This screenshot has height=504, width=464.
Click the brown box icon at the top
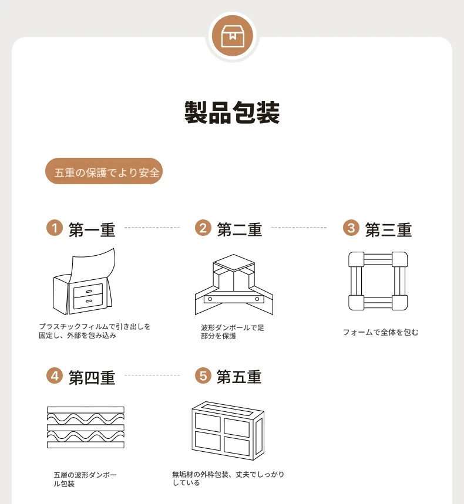coord(233,36)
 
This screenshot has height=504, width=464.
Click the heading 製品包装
coord(232,112)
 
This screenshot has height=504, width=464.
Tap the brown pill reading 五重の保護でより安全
coord(103,171)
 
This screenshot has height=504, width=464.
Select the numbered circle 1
coord(55,228)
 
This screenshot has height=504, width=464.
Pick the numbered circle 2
coord(203,228)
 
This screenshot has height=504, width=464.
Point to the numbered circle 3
coord(351,228)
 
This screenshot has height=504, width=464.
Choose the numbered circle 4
coord(55,376)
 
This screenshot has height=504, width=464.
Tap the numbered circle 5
coord(203,376)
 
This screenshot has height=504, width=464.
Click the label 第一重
coord(92,230)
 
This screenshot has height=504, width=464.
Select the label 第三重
coord(388,230)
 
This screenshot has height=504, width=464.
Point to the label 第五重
coord(239,377)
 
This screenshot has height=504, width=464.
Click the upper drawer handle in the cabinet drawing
coord(89,292)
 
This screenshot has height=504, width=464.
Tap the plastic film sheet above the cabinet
coord(93,263)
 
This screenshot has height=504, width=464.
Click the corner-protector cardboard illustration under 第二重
coord(234,285)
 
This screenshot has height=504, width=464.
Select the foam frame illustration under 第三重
coord(378,281)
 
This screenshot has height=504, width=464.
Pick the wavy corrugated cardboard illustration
coord(86,428)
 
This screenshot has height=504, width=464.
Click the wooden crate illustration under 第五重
coord(228,431)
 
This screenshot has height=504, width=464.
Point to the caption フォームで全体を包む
coord(381,332)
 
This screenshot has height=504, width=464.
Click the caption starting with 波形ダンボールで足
coord(233,332)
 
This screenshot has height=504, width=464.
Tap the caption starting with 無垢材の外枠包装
coord(228,478)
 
